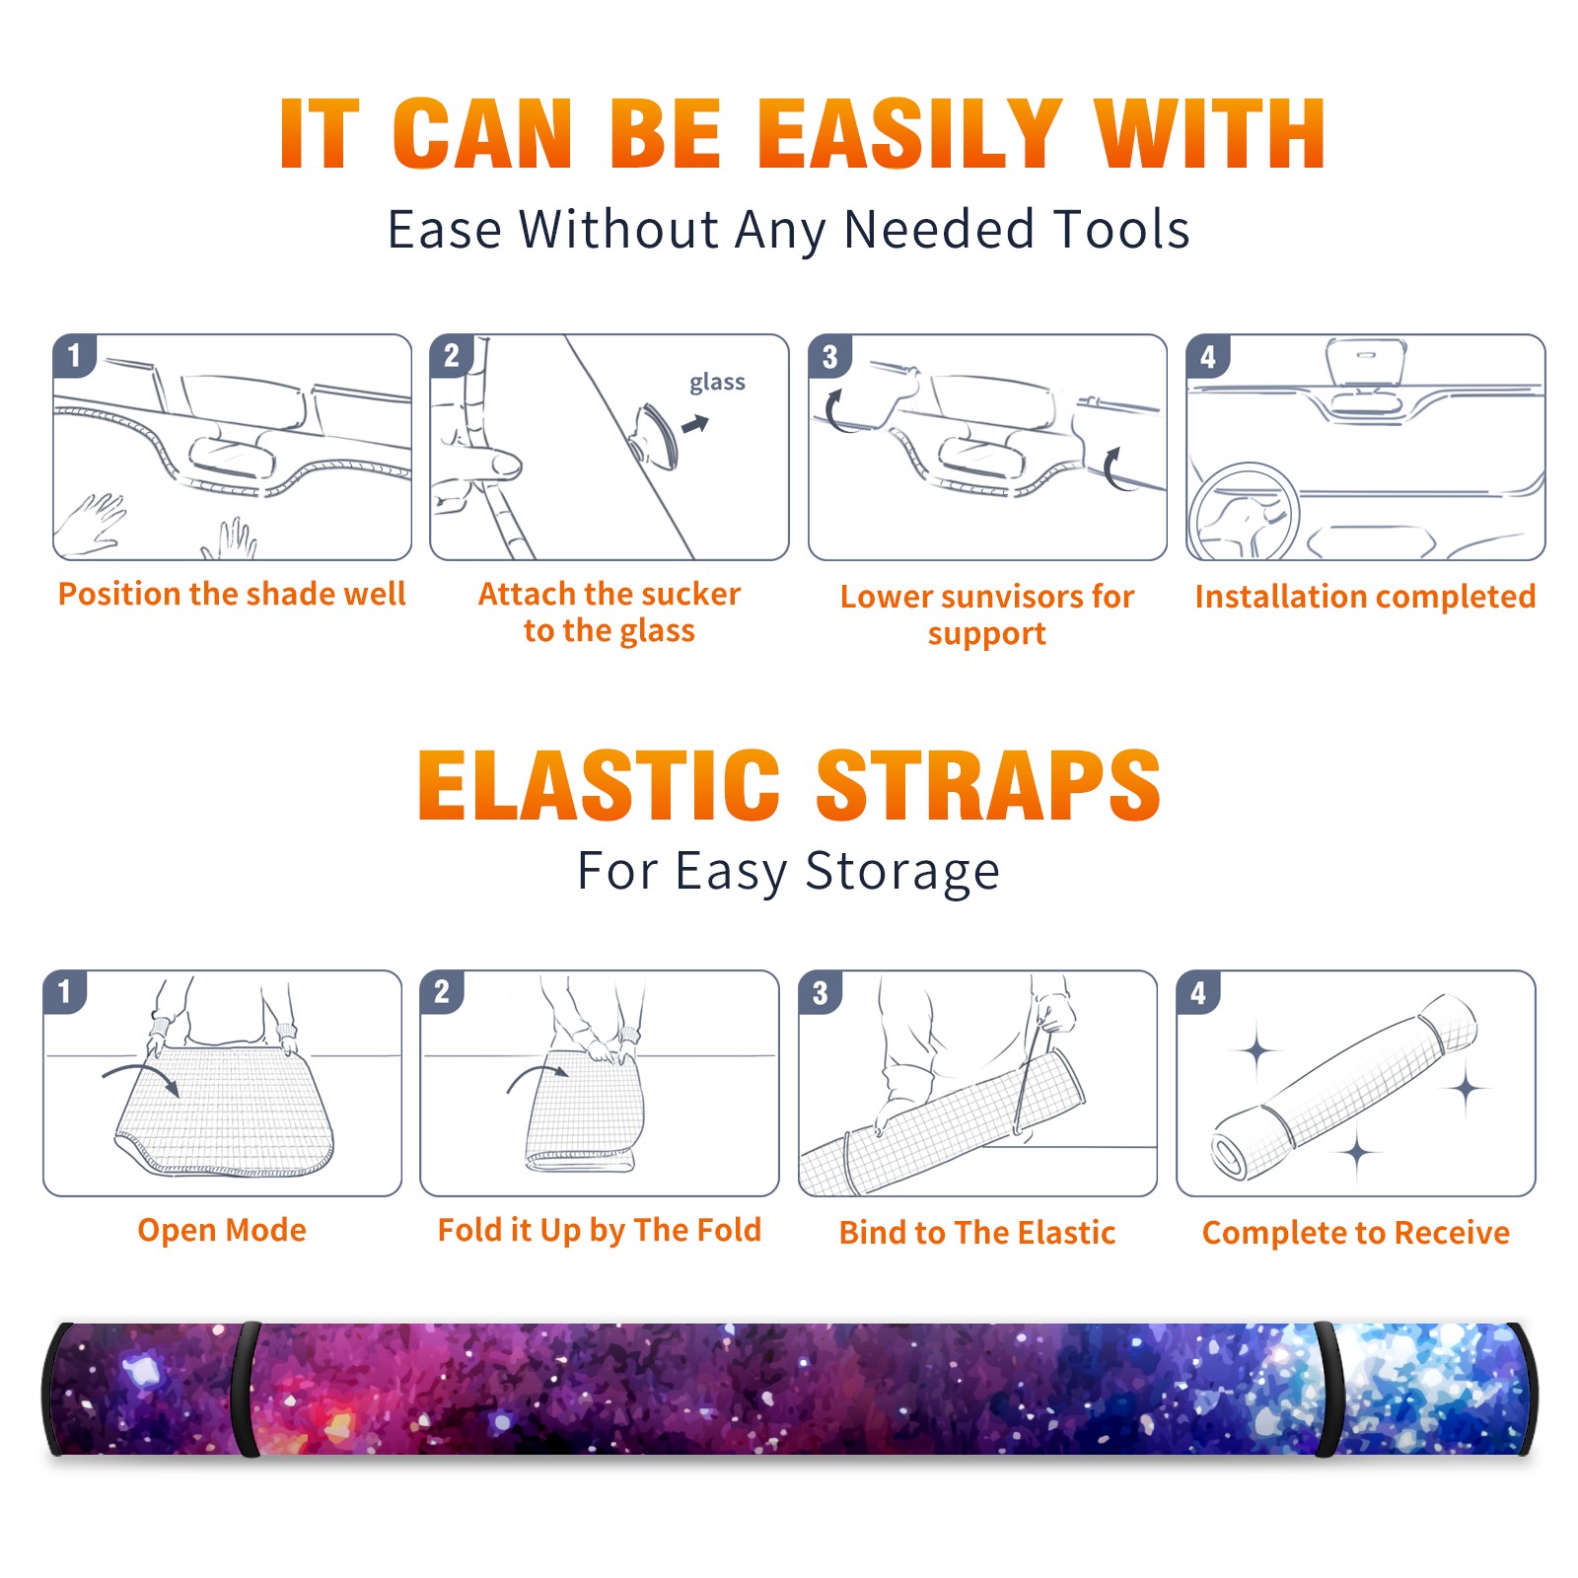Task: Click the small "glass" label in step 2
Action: [717, 383]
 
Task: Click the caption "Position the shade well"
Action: [232, 594]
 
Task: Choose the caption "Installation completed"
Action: [1365, 597]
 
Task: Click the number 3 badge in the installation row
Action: [829, 356]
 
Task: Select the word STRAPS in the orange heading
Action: [988, 785]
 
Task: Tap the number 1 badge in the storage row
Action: [65, 992]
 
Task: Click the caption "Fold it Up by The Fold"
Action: [600, 1230]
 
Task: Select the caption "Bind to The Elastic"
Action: [977, 1233]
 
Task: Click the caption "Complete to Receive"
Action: [1356, 1233]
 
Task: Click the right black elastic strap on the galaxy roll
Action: [1327, 1390]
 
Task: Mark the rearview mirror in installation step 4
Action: [1366, 362]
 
